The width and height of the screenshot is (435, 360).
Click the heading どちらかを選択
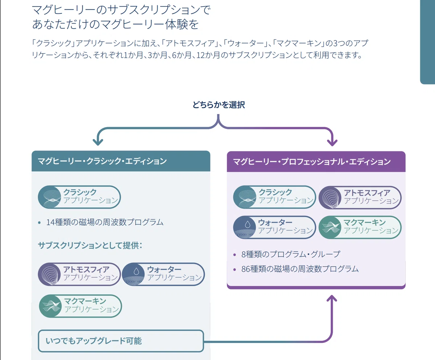point(219,105)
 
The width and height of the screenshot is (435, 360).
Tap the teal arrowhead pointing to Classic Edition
point(98,142)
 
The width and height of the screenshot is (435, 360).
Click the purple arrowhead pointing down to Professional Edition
point(332,143)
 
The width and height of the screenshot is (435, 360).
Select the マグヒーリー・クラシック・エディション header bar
point(121,161)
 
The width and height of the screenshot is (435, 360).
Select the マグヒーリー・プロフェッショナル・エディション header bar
point(316,162)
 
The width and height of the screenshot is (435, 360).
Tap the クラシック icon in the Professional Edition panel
point(245,197)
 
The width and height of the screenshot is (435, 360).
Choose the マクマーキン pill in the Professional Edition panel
point(360,227)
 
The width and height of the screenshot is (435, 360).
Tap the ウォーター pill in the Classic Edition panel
point(163,274)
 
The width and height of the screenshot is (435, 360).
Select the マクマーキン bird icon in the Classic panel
point(51,306)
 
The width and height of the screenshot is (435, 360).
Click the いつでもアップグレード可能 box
point(121,341)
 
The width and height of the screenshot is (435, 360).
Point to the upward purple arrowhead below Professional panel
point(332,298)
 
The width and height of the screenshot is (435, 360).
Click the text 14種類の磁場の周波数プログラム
point(105,222)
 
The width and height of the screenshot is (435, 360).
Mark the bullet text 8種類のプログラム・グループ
point(291,254)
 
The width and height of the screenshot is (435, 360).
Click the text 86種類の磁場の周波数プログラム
point(300,269)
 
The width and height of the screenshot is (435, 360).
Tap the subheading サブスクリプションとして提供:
point(90,246)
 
